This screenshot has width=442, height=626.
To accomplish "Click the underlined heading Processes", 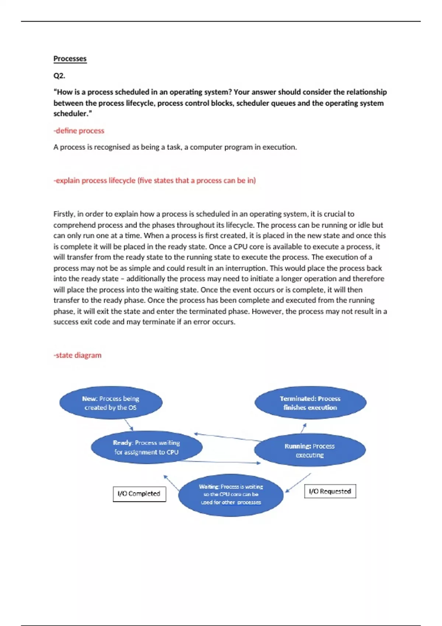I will point(70,59).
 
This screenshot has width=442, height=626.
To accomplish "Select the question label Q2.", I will point(59,76).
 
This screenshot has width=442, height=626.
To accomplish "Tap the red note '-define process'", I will point(79,131).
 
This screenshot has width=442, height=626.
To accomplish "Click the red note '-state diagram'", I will point(77,355).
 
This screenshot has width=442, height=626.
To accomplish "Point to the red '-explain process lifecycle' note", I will point(155,180).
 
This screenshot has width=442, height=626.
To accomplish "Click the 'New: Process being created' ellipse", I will point(111,403).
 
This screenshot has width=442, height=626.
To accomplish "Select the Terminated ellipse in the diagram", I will point(310,403).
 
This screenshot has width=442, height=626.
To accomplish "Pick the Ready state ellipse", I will point(147,447).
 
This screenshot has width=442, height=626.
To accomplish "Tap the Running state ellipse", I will point(310,450).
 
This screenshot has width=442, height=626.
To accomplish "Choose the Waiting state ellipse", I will point(231,495).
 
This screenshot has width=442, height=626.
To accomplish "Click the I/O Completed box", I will point(139,494).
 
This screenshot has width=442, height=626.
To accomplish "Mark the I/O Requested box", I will point(330,491).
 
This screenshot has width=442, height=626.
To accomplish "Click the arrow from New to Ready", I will point(129,425).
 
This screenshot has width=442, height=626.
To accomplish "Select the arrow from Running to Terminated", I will point(304,428).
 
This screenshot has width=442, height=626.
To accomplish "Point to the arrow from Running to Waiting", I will point(298,482).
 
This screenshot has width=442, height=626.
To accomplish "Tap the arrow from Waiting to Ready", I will point(172,483).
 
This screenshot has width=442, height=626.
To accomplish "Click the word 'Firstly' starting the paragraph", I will point(64,214).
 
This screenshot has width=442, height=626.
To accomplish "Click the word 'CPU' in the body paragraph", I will point(241,247).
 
